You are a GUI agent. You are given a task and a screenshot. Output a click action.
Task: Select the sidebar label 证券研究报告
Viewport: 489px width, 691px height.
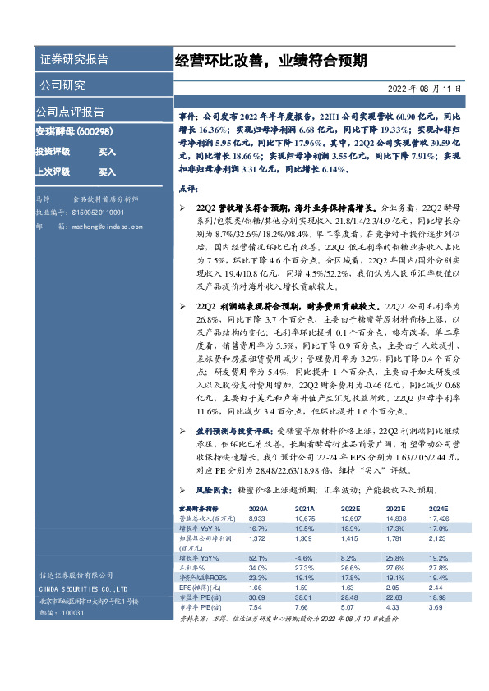74,61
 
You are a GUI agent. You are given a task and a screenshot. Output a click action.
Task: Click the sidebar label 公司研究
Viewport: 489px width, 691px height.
62,85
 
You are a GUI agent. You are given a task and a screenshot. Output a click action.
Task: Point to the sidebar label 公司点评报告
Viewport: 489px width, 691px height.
69,112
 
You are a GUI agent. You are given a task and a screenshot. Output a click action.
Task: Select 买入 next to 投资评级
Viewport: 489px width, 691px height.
107,152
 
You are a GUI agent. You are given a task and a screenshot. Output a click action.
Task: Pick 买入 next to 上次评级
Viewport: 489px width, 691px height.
107,172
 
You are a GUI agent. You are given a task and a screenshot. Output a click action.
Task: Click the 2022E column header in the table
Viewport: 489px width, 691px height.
350,510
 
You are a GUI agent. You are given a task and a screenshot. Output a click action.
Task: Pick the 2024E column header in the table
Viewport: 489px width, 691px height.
439,510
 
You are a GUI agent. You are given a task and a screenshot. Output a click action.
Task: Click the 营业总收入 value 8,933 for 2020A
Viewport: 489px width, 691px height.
258,519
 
